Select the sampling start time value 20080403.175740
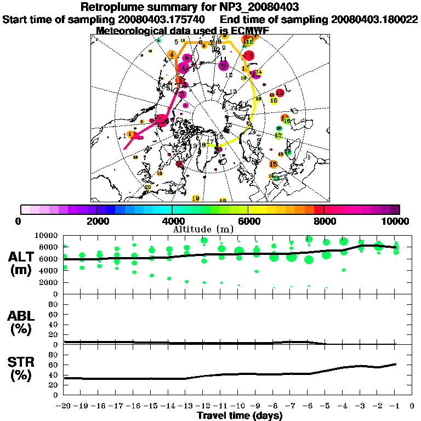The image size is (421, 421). coord(165,19)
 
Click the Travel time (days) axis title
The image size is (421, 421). coord(240,416)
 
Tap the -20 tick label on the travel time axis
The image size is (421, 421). coord(64,407)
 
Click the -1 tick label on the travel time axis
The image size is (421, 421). coord(395,407)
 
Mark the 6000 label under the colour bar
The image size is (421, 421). coord(248,221)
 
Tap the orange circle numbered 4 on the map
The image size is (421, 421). coord(172,54)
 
